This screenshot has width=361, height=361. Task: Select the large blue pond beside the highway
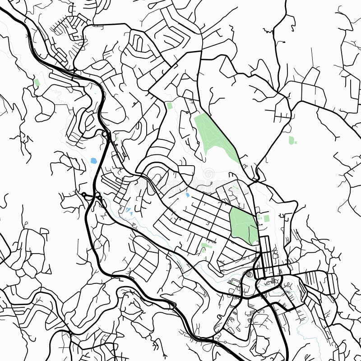click(x=94, y=161)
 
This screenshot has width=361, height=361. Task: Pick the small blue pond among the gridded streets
click(x=187, y=195)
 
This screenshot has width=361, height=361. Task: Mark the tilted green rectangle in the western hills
click(x=37, y=83)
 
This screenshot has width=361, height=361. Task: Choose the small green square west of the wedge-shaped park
click(x=170, y=106)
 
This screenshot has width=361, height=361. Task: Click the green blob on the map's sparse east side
click(x=292, y=140)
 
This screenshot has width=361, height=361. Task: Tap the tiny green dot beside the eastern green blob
click(x=296, y=143)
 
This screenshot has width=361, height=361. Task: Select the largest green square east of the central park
click(x=266, y=218)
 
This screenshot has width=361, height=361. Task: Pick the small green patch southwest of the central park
click(x=205, y=246)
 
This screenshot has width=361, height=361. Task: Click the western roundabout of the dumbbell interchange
click(x=84, y=194)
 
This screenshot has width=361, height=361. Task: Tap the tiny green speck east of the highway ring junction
click(x=116, y=138)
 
